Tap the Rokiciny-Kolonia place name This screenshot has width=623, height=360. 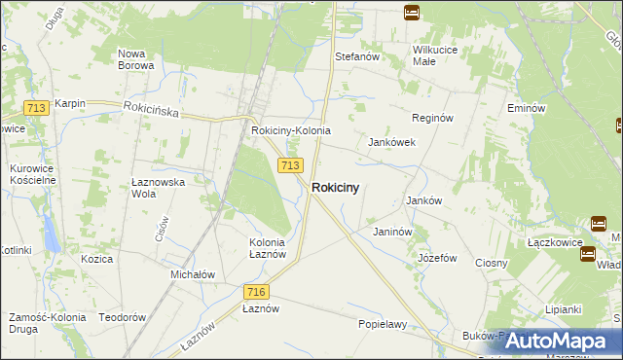coord(291,130)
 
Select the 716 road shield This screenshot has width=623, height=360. coord(256,292)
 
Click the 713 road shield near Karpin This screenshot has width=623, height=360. coord(37,108)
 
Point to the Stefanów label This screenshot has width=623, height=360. coord(356,56)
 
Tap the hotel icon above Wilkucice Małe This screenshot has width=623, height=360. coord(412,13)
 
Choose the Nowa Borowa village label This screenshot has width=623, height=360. coord(135,59)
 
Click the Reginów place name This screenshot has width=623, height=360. coord(433,117)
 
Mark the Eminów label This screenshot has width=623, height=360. coord(526,108)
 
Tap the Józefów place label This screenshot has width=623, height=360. coord(437,259)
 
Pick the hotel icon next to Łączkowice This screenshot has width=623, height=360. coord(588,254)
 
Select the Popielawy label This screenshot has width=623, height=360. coord(382,324)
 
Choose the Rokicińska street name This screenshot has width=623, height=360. coord(151,112)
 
